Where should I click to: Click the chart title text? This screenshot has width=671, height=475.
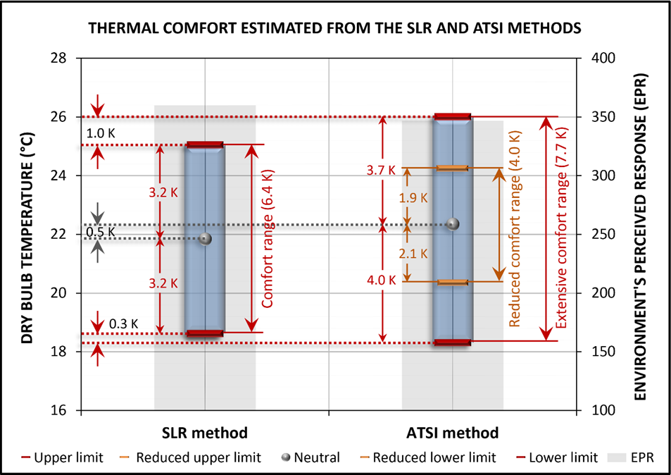(335, 30)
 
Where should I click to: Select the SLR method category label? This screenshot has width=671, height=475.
(205, 432)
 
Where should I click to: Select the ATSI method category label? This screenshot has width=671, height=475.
(453, 432)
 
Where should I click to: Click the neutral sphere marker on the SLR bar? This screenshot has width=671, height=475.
(205, 238)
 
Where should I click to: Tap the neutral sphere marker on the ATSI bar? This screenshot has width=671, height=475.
(453, 224)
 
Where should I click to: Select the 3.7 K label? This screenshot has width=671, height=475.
(382, 169)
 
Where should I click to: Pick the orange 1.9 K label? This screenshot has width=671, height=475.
(413, 198)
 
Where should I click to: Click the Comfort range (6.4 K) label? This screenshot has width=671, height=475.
(267, 237)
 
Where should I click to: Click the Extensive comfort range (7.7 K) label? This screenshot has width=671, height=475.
(562, 229)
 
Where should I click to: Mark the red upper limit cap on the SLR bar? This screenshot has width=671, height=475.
(204, 144)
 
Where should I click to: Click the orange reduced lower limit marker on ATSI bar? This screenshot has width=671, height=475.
(452, 283)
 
